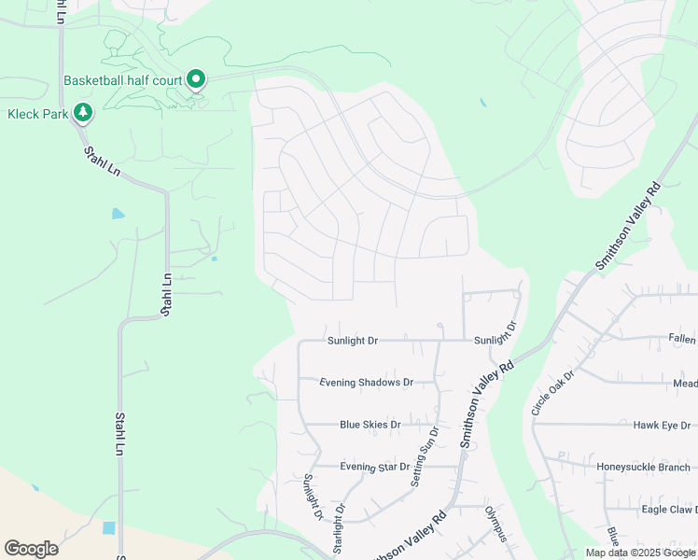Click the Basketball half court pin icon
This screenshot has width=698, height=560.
[x=196, y=80]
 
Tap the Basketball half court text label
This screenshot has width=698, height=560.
[x=123, y=81]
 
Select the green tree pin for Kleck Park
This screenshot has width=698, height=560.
[x=83, y=113]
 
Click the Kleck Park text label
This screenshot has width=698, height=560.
[x=38, y=114]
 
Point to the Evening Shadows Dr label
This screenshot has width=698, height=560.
[x=366, y=383]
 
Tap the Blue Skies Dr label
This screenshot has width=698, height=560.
[x=370, y=425]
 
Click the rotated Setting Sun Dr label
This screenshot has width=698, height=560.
[x=425, y=457]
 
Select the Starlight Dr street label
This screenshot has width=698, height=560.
[x=340, y=529]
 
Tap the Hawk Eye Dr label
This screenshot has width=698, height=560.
[x=661, y=425]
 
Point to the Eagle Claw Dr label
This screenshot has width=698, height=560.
[x=668, y=510]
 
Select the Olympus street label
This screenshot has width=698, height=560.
[x=496, y=524]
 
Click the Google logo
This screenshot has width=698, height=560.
[x=31, y=549]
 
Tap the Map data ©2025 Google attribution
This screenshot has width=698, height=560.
[x=640, y=553]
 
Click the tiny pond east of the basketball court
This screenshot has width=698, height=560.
[x=482, y=103]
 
